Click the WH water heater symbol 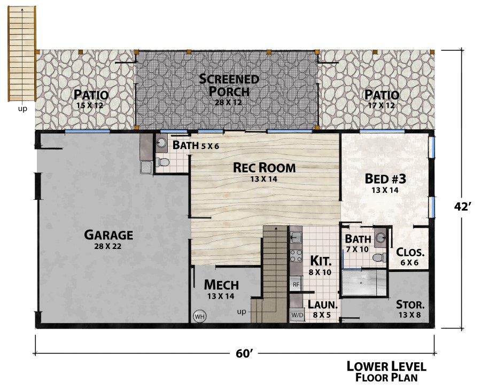pos(200,316)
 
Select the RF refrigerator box pos(296,285)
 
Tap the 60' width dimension pos(244,354)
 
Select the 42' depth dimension pos(462,207)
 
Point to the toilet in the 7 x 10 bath pos(380,258)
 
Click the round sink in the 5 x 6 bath pos(161,143)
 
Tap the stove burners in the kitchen pos(296,256)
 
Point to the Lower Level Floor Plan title pos(386,372)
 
